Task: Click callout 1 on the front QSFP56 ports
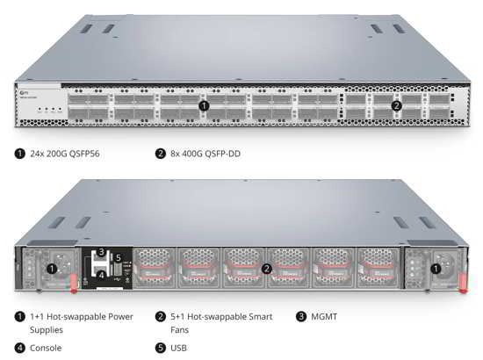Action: point(204,106)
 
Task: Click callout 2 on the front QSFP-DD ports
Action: point(396,106)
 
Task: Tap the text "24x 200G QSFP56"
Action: point(65,154)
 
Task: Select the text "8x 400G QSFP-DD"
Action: point(205,154)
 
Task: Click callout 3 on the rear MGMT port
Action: point(101,252)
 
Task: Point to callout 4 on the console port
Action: point(101,275)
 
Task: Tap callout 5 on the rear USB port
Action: point(119,258)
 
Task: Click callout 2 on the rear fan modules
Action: point(267,269)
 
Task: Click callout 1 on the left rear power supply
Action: point(52,269)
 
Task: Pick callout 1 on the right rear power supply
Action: point(436,270)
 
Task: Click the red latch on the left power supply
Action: point(74,284)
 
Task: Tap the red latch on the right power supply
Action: point(463,284)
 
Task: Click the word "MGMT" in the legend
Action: point(324,317)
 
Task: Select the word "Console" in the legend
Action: point(46,348)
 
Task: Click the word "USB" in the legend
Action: point(178,348)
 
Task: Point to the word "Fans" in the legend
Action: point(179,330)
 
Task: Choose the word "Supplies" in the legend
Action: point(47,330)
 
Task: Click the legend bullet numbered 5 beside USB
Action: point(161,348)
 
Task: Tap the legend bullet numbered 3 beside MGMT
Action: point(301,317)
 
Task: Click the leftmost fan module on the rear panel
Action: point(155,268)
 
